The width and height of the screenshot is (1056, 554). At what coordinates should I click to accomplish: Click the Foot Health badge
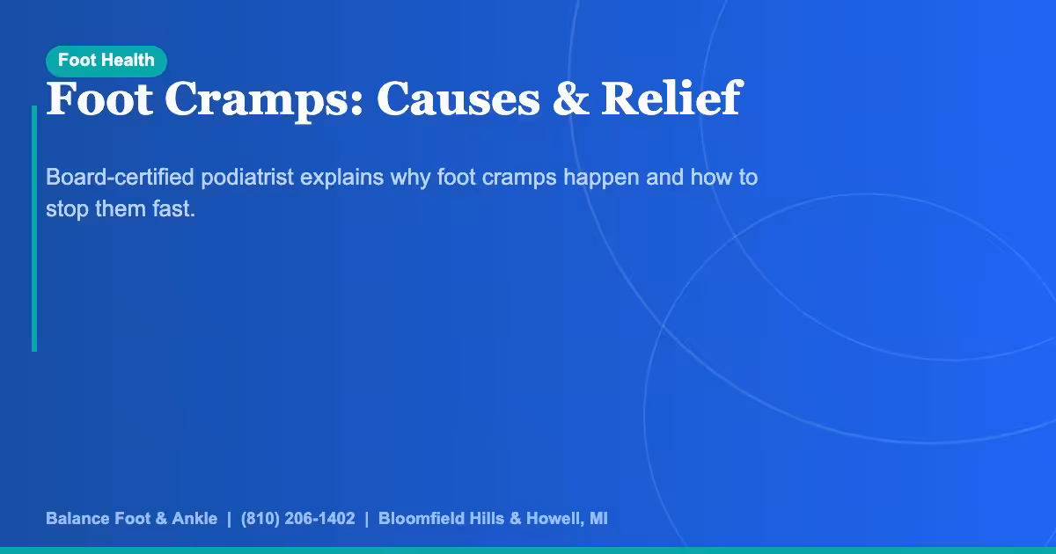click(x=106, y=61)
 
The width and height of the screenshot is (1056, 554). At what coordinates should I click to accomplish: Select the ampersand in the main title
click(x=570, y=98)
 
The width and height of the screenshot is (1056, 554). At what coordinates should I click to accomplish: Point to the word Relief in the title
click(x=671, y=98)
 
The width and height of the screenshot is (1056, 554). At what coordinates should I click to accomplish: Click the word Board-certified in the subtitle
click(x=120, y=178)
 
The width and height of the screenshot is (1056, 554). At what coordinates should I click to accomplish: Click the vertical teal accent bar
click(x=34, y=229)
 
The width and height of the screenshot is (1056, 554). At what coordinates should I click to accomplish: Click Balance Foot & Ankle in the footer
click(x=131, y=519)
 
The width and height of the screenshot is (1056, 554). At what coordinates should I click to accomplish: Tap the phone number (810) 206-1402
click(x=297, y=519)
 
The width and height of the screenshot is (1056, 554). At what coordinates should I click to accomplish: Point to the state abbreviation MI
click(x=598, y=519)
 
